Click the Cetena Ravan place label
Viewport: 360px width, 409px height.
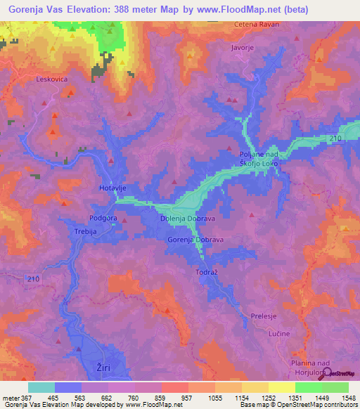257,25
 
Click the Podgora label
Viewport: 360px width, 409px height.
103,218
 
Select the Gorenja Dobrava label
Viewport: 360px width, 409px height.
195,240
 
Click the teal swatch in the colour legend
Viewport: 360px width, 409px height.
41,387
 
